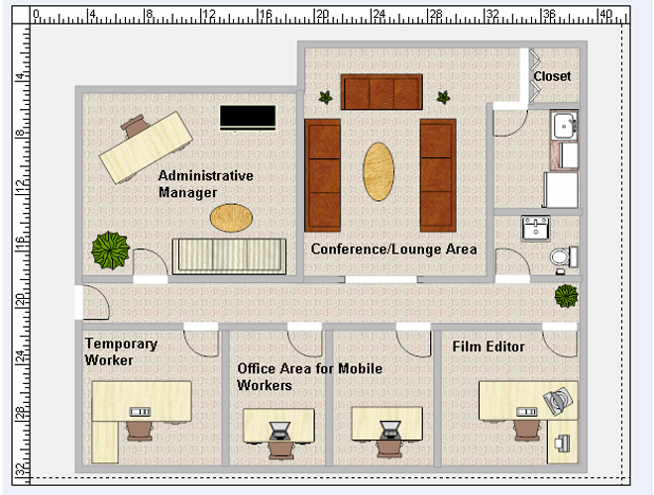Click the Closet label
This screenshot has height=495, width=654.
[552, 76]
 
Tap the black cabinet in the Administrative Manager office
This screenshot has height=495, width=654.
[248, 118]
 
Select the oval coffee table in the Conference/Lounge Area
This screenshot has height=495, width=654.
[379, 171]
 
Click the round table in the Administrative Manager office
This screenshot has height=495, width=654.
[231, 218]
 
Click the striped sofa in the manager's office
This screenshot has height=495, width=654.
[230, 256]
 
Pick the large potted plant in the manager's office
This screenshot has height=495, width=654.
[110, 250]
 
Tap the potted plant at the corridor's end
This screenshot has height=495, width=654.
[566, 296]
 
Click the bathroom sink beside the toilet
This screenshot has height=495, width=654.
[535, 229]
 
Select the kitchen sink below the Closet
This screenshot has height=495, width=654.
[565, 125]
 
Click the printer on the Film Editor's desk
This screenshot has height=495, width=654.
[558, 400]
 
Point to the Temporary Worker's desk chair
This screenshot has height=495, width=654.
[140, 430]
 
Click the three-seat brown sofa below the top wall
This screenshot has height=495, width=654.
[381, 92]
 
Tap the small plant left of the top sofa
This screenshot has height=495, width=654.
[326, 98]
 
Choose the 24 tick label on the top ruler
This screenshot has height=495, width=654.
[379, 15]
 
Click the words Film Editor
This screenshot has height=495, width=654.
[489, 346]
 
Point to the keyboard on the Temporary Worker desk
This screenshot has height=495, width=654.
[140, 412]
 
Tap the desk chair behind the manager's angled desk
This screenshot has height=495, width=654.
[135, 126]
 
